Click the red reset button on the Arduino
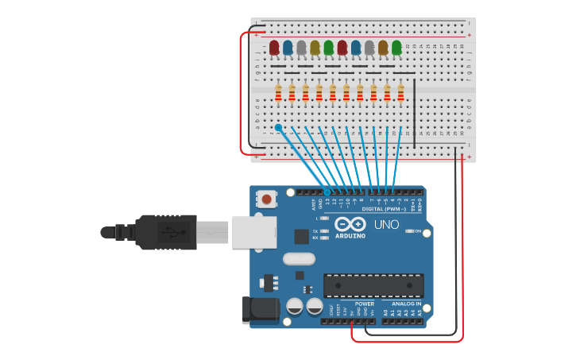pos(267,199)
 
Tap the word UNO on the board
pos(387,225)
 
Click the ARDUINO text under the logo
pos(350,236)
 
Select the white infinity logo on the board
pos(350,224)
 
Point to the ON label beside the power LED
pos(417,231)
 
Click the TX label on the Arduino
pos(315,230)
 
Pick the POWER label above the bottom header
pos(365,304)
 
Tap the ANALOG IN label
pos(406,304)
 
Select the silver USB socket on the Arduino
pos(254,232)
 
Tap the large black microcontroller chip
pos(373,286)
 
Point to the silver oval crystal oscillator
pos(299,258)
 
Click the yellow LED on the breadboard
pos(315,48)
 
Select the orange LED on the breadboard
pos(383,48)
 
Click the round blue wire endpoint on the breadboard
pos(278,127)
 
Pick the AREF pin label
pos(315,203)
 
